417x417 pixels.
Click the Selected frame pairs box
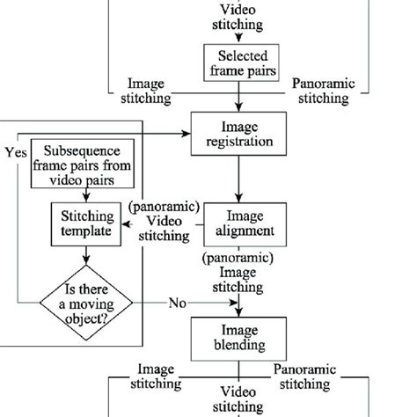click(236, 62)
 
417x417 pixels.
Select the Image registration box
click(236, 133)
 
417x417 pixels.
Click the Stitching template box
click(85, 225)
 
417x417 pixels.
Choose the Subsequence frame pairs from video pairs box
click(84, 164)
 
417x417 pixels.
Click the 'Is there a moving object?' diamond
click(85, 303)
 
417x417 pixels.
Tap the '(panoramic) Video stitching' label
click(159, 222)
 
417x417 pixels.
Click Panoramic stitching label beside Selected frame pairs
click(323, 91)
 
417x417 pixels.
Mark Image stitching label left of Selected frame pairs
click(146, 91)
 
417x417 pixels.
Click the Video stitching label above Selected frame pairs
click(236, 18)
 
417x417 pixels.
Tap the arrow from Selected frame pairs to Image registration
click(236, 96)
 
